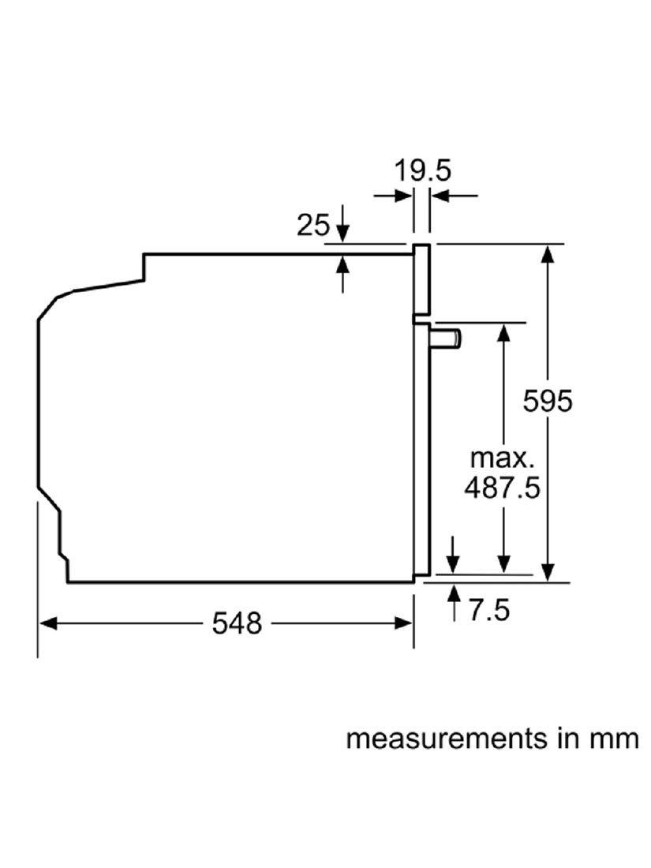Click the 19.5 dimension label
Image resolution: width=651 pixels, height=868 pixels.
[422, 170]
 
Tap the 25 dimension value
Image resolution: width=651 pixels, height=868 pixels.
[313, 225]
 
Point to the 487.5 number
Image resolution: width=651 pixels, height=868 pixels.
[502, 488]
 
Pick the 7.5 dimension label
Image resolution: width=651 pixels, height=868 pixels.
[489, 610]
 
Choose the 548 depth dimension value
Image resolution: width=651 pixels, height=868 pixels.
[237, 624]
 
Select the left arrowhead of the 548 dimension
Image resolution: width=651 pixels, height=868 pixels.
[48, 624]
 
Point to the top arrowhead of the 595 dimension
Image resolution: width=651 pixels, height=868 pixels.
[548, 253]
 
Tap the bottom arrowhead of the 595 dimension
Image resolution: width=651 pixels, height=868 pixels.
[548, 572]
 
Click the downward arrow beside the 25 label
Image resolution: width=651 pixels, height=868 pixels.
[343, 223]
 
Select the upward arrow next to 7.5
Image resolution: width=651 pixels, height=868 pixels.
[454, 602]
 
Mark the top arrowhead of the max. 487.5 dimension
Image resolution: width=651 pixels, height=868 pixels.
[503, 332]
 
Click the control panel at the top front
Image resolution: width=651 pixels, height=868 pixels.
[422, 280]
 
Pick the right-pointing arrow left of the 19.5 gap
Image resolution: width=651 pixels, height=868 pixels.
[393, 196]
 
